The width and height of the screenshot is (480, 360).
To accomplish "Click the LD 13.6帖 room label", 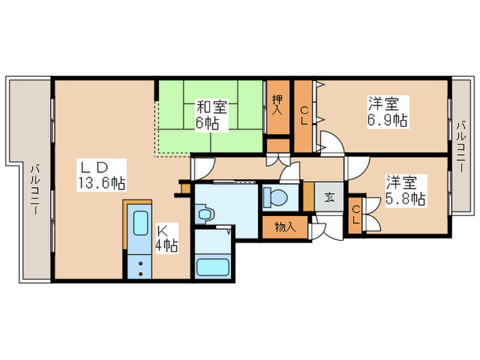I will (103, 174).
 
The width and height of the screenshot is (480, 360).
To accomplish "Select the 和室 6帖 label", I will (208, 115).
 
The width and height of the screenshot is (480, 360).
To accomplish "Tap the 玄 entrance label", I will (329, 197).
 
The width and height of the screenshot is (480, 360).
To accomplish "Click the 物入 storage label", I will (285, 227).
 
